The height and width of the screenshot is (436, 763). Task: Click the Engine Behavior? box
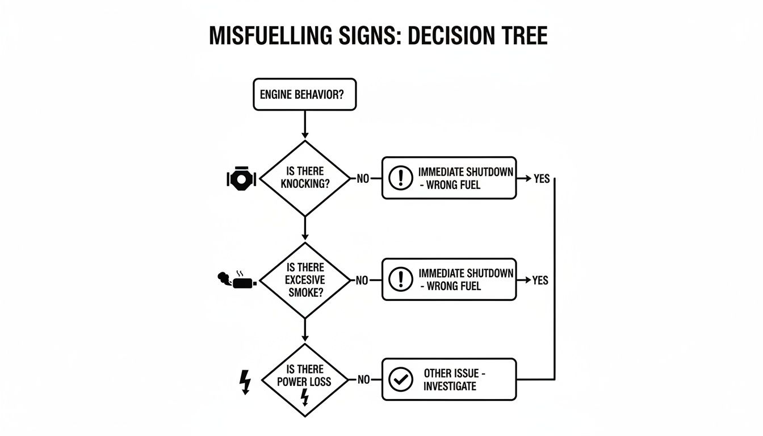(x=304, y=94)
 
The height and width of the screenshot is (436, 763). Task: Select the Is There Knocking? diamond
(x=305, y=178)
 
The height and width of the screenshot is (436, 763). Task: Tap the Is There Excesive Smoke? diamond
(x=305, y=280)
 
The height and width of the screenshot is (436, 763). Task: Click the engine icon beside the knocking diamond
(x=241, y=179)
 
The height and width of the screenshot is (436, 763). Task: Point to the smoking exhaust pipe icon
(x=237, y=280)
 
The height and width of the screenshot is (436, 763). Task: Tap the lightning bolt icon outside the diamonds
(x=245, y=381)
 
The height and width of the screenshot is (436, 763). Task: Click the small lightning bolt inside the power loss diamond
(x=304, y=397)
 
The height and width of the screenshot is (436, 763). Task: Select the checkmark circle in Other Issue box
(x=400, y=379)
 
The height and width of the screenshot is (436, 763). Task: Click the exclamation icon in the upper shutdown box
(x=400, y=178)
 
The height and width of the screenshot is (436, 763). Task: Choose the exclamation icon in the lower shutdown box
(x=400, y=279)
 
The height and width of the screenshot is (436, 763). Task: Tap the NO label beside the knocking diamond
(x=363, y=179)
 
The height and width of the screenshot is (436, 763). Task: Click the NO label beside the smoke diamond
(x=362, y=280)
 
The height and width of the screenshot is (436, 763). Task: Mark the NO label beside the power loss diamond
(x=363, y=380)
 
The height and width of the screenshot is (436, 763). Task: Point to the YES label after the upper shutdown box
(x=542, y=179)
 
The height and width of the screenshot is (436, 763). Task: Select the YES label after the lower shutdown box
(x=540, y=280)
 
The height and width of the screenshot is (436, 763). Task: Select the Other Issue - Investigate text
(x=454, y=380)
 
